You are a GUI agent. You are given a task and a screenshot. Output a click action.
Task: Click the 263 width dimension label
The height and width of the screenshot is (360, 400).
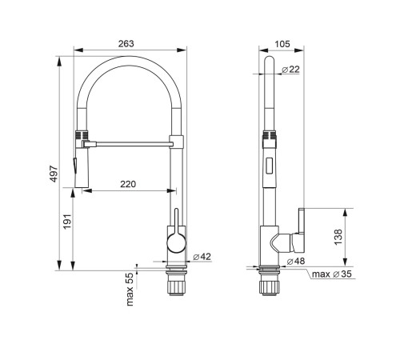click(126, 43)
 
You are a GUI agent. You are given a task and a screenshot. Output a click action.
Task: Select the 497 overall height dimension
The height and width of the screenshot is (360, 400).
click(54, 174)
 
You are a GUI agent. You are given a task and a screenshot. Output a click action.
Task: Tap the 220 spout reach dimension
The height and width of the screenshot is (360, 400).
click(128, 184)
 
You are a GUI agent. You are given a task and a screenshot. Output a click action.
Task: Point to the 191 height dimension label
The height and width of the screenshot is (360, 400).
click(67, 221)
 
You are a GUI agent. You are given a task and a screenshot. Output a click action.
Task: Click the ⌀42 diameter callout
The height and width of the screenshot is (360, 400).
click(202, 257)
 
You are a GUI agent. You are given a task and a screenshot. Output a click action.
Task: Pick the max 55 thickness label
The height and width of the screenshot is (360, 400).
click(130, 289)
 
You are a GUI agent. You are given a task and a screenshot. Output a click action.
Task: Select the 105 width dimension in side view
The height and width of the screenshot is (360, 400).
click(282, 44)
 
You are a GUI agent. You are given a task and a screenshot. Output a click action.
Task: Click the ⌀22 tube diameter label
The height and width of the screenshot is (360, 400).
click(290, 70)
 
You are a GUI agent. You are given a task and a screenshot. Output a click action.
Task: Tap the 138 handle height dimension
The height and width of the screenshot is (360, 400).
click(338, 237)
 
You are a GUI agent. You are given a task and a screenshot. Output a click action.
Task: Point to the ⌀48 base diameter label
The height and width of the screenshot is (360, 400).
click(296, 261)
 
